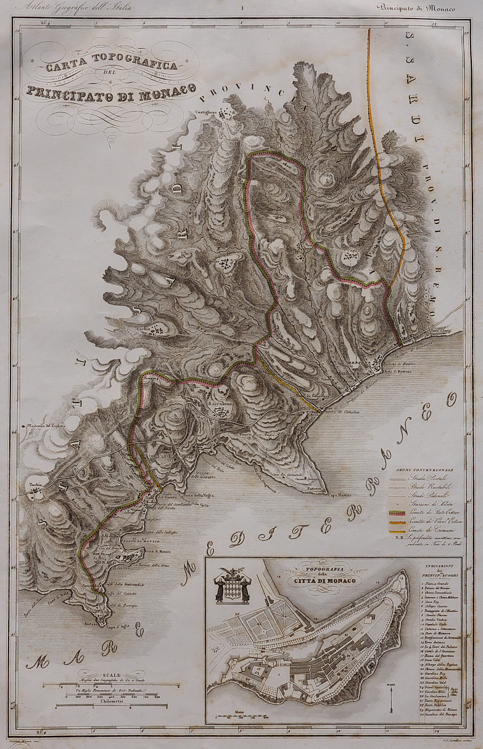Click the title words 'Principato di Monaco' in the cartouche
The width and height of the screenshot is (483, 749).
click(x=111, y=89)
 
